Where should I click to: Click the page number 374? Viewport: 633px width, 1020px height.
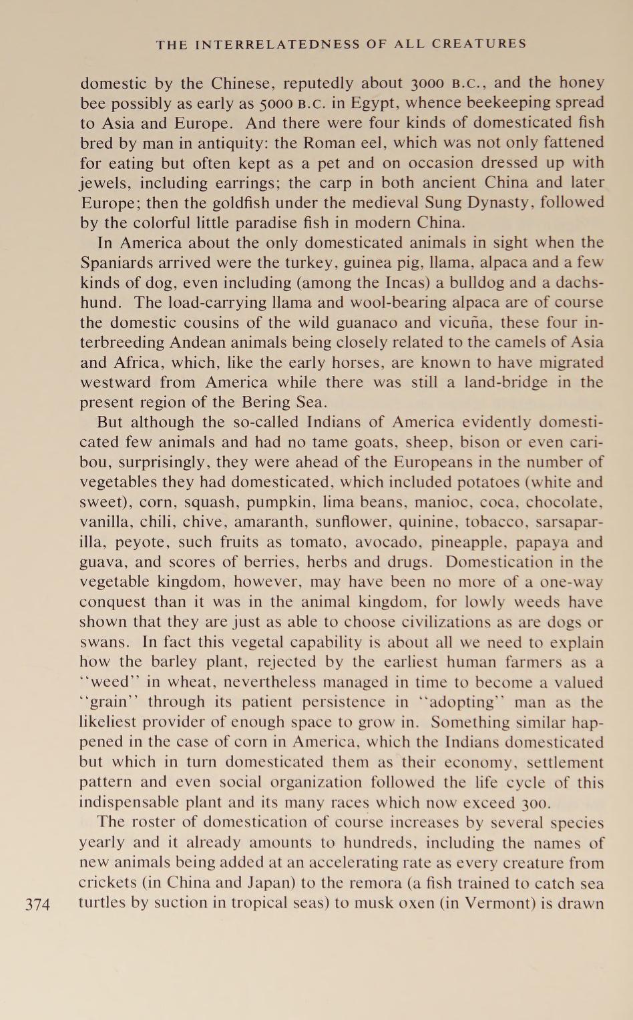(37, 905)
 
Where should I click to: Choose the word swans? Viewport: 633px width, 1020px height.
(101, 642)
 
